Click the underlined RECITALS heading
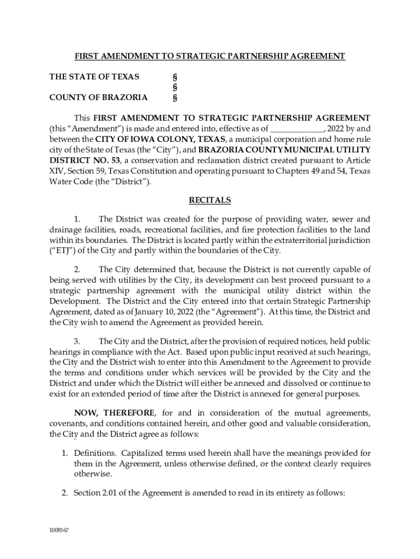210,200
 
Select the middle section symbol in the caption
175,87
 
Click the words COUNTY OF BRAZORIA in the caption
98,98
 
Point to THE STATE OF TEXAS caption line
94,77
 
